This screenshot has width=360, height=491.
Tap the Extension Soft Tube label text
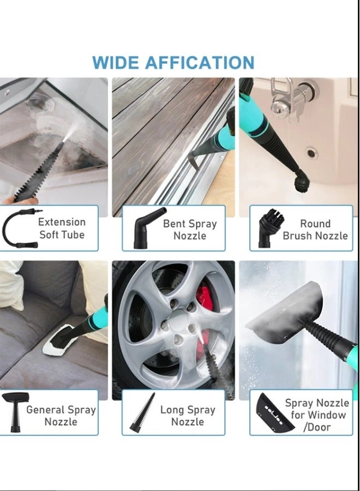pyautogui.click(x=62, y=229)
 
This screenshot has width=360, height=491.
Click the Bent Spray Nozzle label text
pyautogui.click(x=189, y=230)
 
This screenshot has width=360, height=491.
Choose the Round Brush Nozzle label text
pyautogui.click(x=315, y=230)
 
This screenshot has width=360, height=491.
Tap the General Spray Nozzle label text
pyautogui.click(x=61, y=415)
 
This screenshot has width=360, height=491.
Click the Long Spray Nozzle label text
pyautogui.click(x=187, y=416)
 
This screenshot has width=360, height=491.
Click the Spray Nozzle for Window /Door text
pyautogui.click(x=317, y=415)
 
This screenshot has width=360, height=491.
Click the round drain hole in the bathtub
pyautogui.click(x=311, y=153)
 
